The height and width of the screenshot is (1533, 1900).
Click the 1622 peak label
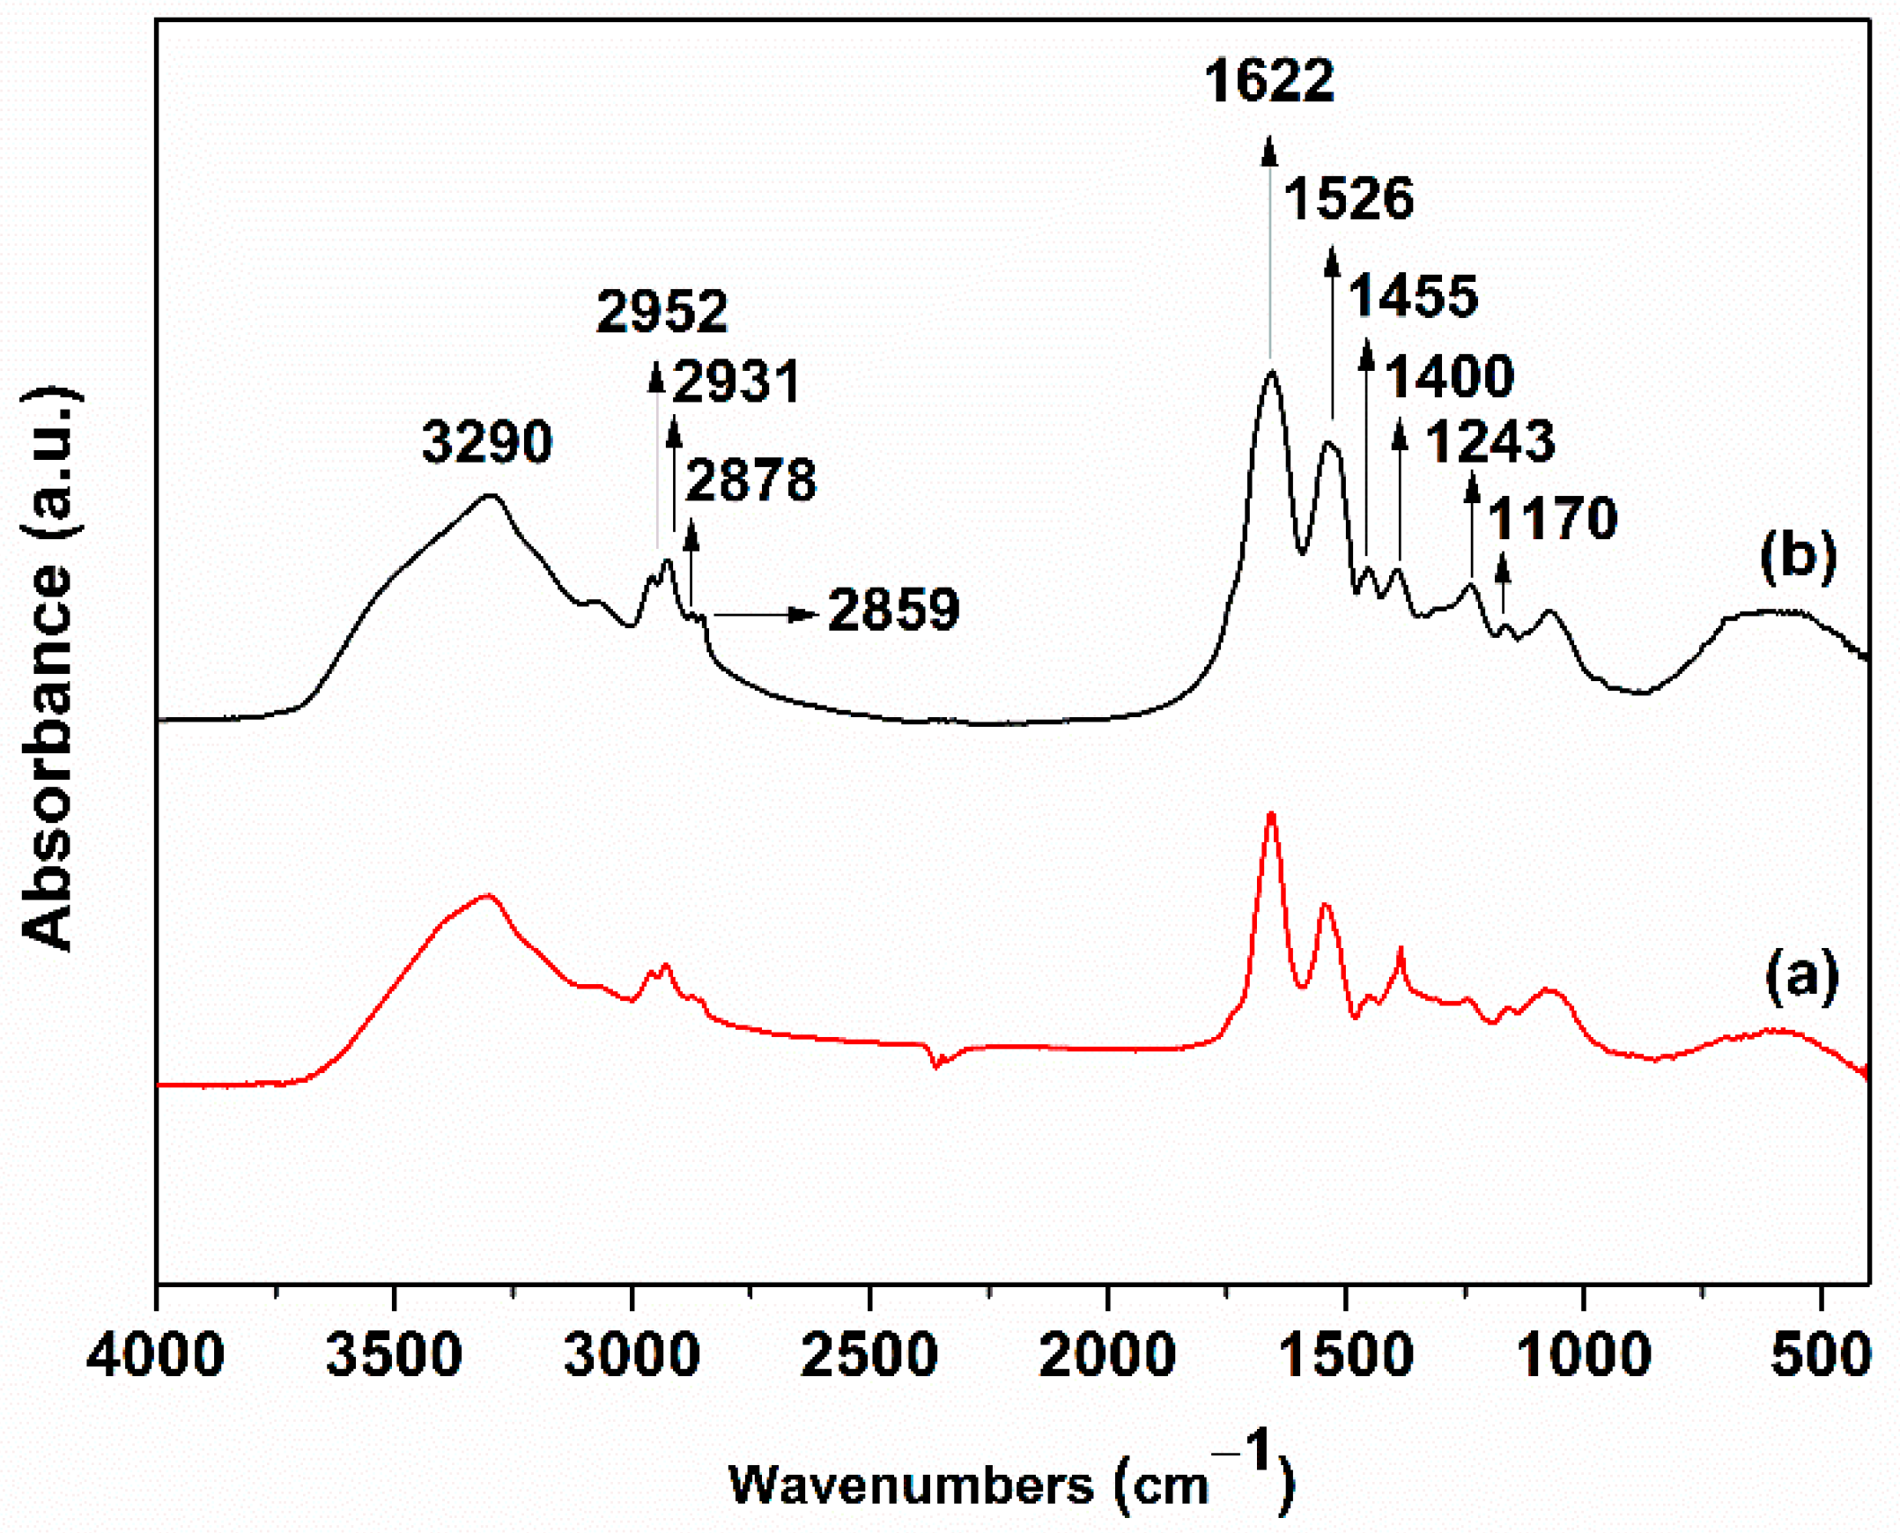point(1268,81)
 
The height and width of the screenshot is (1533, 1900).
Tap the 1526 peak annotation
point(1349,199)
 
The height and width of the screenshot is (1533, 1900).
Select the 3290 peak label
point(486,441)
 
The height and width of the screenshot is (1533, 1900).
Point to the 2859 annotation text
point(893,610)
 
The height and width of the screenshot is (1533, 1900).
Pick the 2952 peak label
point(662,311)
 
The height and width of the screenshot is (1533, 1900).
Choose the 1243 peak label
point(1490,441)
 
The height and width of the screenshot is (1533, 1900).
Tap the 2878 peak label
point(750,480)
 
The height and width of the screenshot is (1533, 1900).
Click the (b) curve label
point(1799,557)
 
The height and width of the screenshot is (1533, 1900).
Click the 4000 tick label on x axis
point(155,1354)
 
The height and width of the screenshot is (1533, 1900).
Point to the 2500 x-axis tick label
point(869,1354)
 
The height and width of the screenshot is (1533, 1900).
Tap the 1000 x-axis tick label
point(1584,1354)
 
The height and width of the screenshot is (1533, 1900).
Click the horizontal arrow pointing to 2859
point(765,614)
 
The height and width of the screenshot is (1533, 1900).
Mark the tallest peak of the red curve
point(1271,813)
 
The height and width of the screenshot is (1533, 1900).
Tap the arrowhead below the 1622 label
point(1269,150)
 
